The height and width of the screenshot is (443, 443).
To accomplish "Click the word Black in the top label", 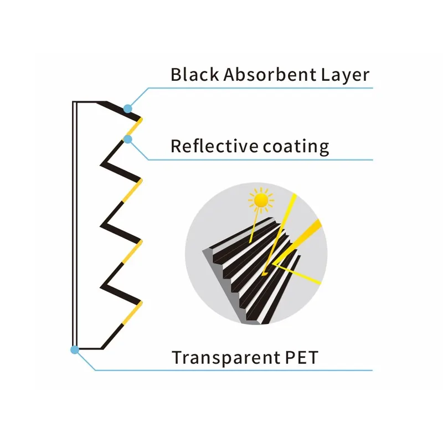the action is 195,74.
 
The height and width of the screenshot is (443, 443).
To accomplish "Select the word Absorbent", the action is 270,74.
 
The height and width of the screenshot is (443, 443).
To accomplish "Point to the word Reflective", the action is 214,146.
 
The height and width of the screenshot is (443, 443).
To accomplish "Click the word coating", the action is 296,147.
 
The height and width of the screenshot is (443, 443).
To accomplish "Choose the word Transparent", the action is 225,358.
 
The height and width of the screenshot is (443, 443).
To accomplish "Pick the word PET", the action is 301,357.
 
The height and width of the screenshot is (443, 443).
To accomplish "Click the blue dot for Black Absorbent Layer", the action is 128,108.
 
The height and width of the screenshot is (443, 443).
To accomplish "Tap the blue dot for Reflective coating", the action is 128,139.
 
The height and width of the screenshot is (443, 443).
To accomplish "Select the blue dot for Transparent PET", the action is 75,350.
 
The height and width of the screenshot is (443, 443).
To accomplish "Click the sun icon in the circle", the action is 261,200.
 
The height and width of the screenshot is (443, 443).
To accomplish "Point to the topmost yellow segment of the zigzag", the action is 134,127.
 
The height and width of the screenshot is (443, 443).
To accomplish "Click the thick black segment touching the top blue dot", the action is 119,110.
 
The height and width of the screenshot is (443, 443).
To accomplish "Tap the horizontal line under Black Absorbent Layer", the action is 260,88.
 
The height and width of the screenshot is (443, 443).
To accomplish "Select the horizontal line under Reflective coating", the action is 260,160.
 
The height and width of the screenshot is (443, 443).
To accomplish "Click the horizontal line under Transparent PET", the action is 234,370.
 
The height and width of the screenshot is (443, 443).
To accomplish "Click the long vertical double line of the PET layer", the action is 75,225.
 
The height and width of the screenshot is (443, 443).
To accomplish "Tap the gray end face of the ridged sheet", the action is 223,285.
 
